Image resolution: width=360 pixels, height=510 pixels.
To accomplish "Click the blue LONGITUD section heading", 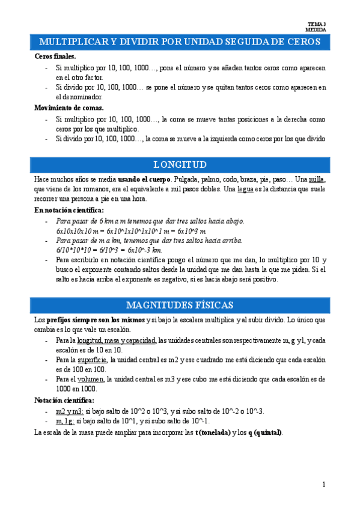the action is tap(180, 164).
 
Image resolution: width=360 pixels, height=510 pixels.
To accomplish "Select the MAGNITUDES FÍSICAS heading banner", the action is tap(180, 304).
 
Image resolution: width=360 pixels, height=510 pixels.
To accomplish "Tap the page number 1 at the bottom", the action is tap(323, 484).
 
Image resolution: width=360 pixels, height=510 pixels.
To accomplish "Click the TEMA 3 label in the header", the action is tap(316, 24).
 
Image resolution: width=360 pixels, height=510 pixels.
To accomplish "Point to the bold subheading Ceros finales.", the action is tap(55, 56).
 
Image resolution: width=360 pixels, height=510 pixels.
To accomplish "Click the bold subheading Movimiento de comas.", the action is tap(69, 108).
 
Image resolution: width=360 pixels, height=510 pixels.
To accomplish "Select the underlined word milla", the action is tap(317, 180).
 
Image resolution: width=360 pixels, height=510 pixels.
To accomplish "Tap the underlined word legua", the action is tap(245, 189).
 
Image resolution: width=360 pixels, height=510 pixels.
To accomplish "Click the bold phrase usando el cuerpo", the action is tap(144, 180).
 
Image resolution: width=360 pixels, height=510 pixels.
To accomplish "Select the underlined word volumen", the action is tap(91, 379).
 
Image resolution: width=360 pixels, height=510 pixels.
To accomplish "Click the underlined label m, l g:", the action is tap(66, 421).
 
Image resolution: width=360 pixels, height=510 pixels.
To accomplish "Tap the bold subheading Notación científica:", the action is tap(64, 400).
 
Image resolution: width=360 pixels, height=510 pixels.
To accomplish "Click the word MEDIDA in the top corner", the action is tap(316, 29).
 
